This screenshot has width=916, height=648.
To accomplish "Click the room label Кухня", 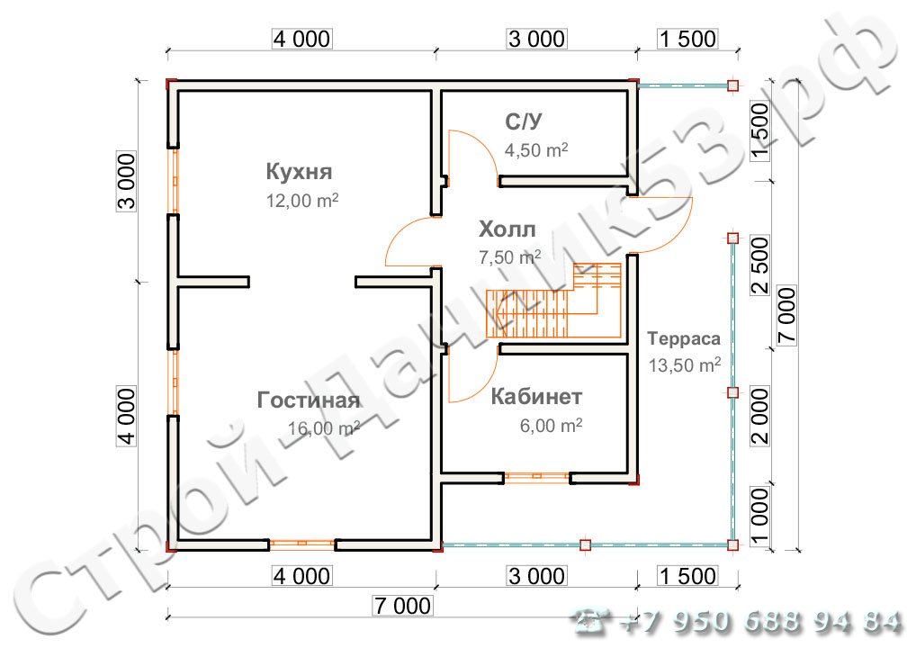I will point(299,171).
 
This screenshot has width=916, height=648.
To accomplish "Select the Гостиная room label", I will point(309,400).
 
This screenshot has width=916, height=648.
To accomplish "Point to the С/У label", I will point(523,121).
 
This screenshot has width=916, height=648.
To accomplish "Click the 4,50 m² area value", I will point(536,150).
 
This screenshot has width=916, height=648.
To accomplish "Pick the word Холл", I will point(507,229).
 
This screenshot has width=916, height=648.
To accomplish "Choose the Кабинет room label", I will point(536,396).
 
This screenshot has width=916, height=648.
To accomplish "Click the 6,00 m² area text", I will point(551,425).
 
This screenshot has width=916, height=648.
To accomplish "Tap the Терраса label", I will point(684,339).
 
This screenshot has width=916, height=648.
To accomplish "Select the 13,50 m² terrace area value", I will point(685,365).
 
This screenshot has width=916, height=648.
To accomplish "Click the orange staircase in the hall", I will point(553,301).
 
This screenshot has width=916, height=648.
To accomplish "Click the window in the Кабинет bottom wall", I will point(536,477).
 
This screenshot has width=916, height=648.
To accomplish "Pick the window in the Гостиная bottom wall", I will point(302,544).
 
